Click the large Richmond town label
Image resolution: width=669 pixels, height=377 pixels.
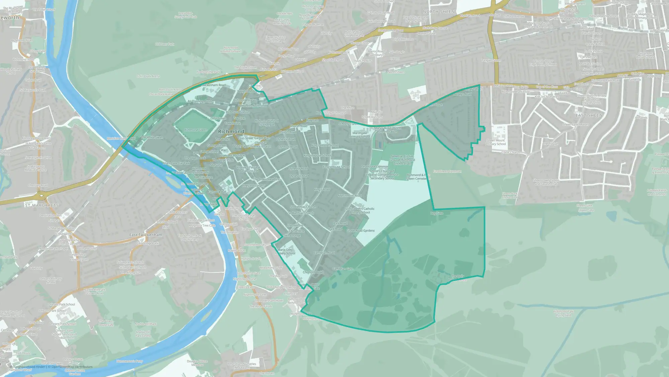[231, 131]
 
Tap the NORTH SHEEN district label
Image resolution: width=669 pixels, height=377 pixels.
[439, 12]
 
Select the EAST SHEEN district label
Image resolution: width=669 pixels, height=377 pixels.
[589, 115]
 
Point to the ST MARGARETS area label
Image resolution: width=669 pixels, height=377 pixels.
[42, 205]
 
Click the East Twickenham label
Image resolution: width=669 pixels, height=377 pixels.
[146, 235]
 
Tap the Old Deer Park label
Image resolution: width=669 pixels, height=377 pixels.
[165, 44]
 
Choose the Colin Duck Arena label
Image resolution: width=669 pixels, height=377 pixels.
[148, 76]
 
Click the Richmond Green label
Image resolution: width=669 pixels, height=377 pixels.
[196, 130]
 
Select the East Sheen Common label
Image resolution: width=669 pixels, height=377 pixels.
[447, 171]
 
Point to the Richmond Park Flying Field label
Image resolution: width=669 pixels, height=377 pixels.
[564, 313]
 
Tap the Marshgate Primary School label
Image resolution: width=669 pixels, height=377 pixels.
[360, 135]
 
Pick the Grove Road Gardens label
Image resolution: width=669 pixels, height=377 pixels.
[361, 231]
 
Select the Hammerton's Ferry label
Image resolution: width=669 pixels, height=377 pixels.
[130, 361]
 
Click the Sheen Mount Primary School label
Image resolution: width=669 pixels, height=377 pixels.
[495, 142]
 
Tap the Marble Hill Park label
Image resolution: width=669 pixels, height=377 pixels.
[146, 324]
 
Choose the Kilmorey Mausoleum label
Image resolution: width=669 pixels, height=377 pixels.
[36, 138]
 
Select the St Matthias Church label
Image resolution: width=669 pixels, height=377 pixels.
[303, 207]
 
